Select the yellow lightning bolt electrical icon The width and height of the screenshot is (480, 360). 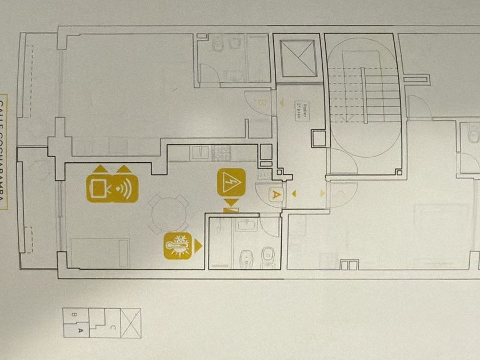coord(231,183)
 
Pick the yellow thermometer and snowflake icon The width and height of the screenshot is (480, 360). coord(177,246)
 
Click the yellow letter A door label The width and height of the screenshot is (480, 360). coord(276,194)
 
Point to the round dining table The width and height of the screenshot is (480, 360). coord(169,214)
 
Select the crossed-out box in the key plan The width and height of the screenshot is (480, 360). coord(131,323)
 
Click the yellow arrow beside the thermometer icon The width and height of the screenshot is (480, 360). coord(198,246)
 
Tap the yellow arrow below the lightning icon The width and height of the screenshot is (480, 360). coord(231,202)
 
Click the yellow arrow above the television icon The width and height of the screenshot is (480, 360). coord(100,169)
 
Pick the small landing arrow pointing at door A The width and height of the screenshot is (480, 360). coord(294,194)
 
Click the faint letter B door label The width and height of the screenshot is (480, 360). coord(262,103)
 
